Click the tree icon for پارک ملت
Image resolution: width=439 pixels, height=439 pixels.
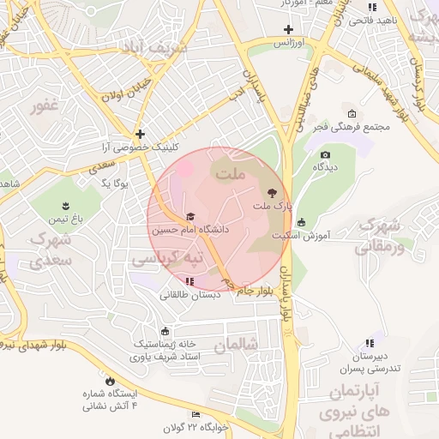[x=273, y=194]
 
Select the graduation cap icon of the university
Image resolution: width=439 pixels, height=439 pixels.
[x=190, y=216]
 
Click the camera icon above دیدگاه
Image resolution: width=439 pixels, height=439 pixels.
[x=325, y=154]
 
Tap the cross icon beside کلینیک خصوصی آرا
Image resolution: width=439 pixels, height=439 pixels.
[x=140, y=134]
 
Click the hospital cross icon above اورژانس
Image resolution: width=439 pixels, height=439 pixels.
[x=289, y=28]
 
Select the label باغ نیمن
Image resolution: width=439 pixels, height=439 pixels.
[x=64, y=219]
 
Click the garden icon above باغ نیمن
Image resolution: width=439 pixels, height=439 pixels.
[x=64, y=204]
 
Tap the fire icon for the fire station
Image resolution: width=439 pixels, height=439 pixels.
[x=110, y=380]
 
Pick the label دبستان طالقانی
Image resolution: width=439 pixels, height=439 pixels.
[x=189, y=293]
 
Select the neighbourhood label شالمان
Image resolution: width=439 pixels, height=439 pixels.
[x=236, y=345]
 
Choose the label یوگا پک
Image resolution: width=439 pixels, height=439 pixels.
[x=114, y=183]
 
